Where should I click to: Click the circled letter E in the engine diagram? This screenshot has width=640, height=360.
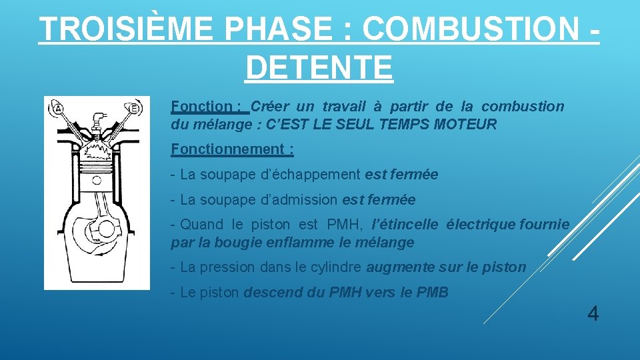[x=135, y=108]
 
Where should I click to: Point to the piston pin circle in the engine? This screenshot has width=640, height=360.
[x=97, y=180]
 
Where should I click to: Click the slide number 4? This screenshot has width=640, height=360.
[x=593, y=313]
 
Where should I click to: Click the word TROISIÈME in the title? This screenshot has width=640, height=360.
[x=127, y=30]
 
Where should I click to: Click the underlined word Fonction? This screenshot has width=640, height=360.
[x=201, y=106]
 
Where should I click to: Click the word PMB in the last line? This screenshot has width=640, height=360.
[x=434, y=292]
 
